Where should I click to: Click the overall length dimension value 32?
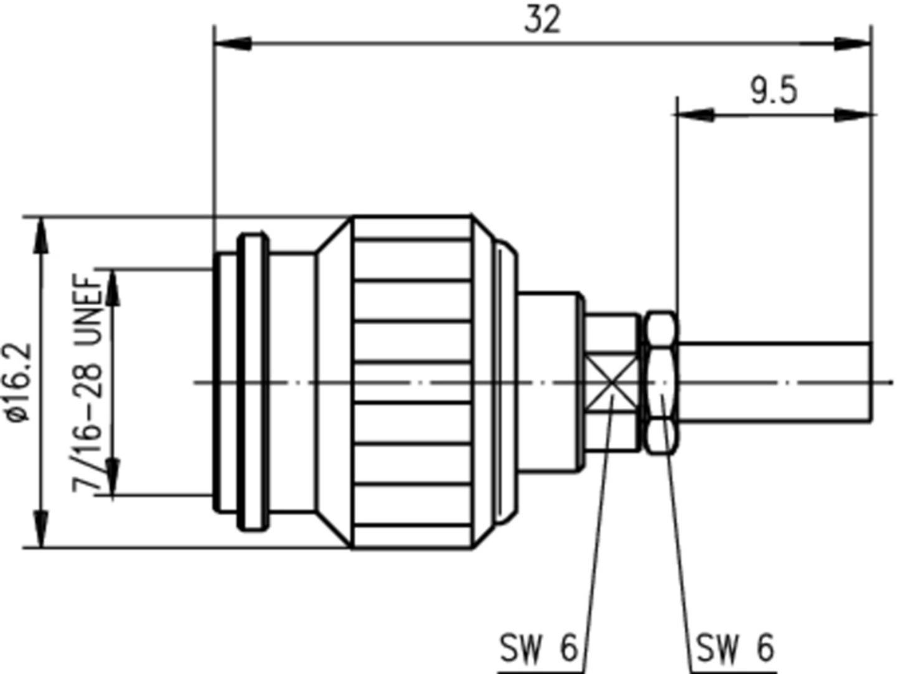pos(542,20)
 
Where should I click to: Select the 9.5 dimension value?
pos(773,92)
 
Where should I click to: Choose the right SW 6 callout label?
pos(735,649)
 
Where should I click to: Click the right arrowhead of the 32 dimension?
pos(852,44)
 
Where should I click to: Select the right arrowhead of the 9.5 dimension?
pos(852,115)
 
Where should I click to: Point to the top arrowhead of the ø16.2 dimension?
pos(41,236)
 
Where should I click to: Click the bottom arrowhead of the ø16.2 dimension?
pos(41,529)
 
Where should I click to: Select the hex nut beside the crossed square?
pos(660,382)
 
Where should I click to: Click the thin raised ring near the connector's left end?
pos(254,382)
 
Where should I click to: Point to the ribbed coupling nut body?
pos(412,382)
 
